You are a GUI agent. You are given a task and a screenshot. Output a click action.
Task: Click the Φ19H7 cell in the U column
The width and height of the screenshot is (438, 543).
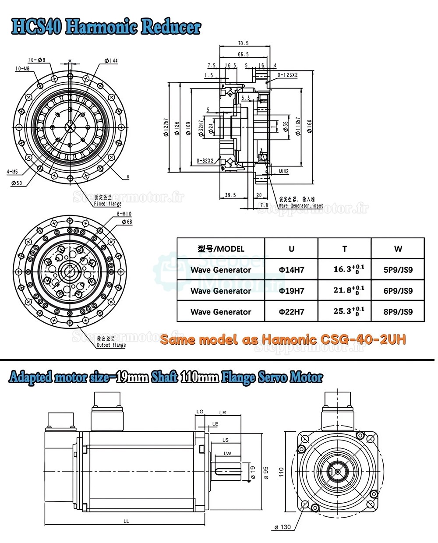[291, 291]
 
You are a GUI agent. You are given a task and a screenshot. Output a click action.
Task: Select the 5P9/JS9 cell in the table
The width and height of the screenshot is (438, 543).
[398, 270]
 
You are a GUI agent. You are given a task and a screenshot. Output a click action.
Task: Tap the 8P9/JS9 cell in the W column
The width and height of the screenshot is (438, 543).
[398, 312]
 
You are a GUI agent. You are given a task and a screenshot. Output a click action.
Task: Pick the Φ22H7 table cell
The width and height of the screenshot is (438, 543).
[291, 312]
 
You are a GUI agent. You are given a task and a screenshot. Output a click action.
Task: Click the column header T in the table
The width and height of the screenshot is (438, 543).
[344, 249]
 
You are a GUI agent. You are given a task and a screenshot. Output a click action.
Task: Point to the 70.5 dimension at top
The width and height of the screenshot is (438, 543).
[243, 43]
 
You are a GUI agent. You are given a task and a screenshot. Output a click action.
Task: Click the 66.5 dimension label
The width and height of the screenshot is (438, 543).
[243, 54]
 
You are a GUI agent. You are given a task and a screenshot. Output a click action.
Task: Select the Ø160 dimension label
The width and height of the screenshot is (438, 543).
[309, 127]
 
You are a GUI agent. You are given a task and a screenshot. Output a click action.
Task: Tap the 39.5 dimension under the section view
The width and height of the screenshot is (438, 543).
[230, 195]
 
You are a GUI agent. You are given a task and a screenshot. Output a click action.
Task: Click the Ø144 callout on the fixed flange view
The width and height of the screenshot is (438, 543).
[111, 61]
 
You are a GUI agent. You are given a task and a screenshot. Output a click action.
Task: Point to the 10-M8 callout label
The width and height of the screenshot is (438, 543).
[22, 69]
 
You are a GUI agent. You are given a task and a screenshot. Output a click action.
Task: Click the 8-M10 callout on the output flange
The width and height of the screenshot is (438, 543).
[124, 214]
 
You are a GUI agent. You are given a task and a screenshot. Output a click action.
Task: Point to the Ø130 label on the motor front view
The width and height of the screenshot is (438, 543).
[283, 527]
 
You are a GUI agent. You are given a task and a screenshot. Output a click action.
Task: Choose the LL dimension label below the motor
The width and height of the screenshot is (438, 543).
[126, 521]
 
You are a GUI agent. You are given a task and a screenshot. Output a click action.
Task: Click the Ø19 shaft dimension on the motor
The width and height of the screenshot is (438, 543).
[253, 471]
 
